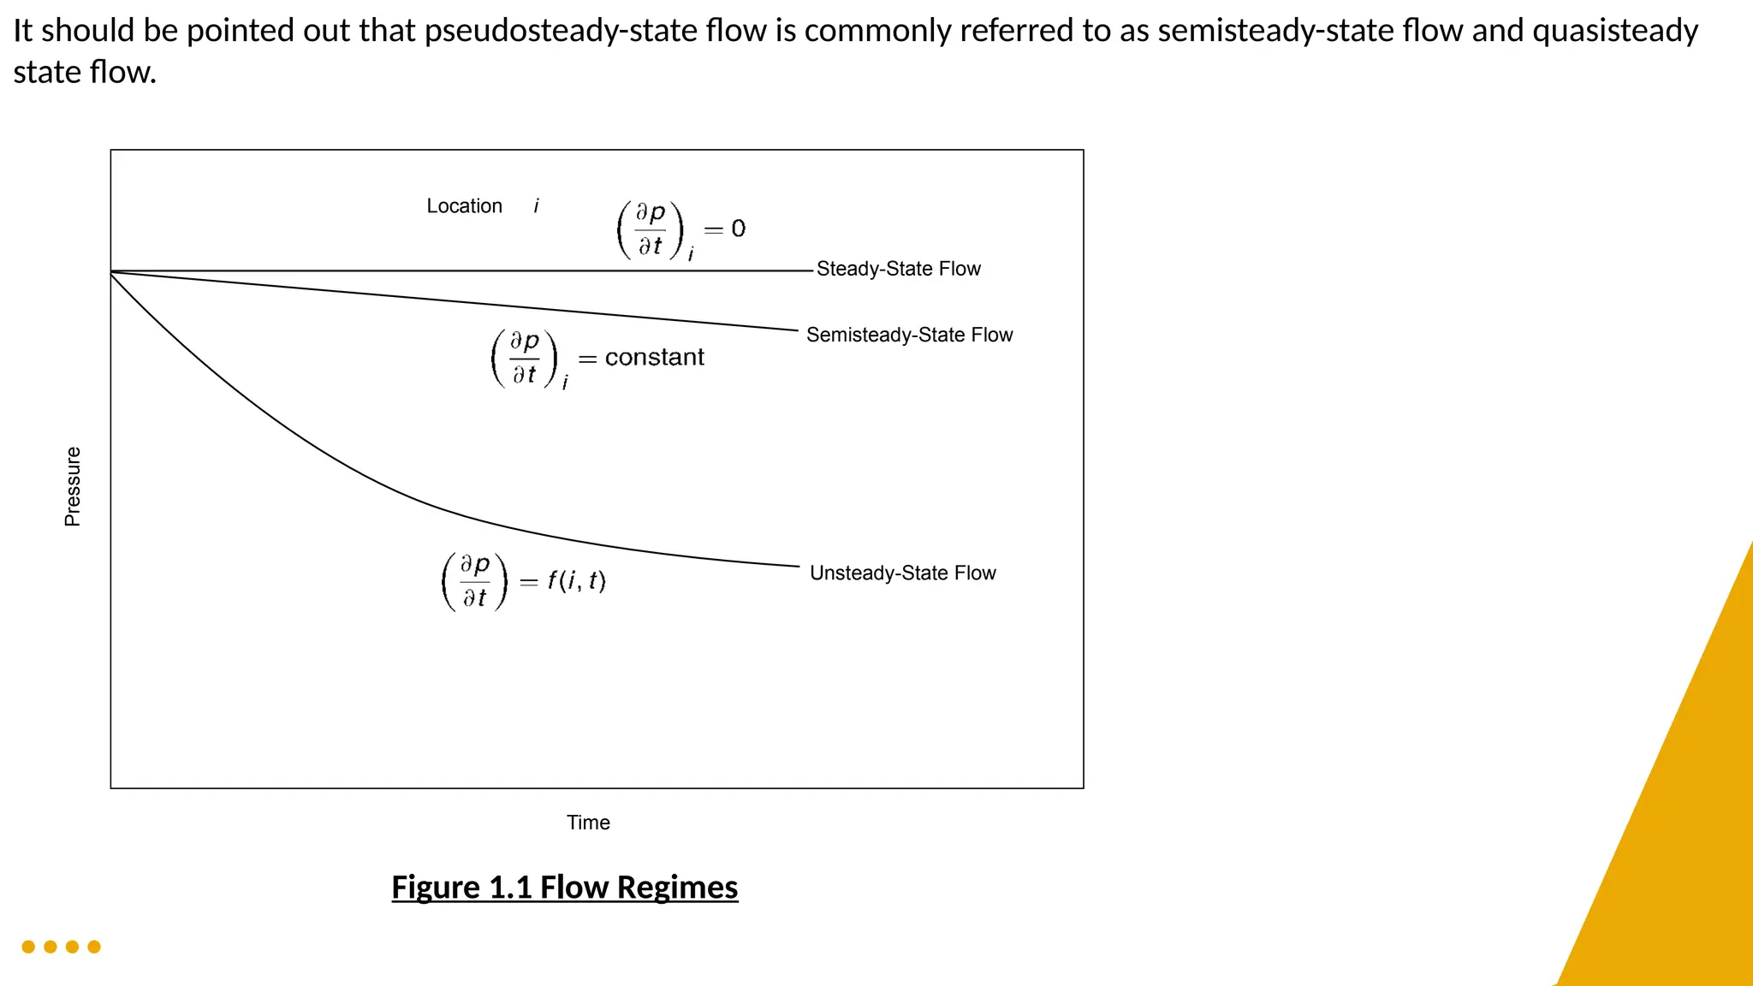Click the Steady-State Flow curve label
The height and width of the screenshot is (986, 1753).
pyautogui.click(x=898, y=269)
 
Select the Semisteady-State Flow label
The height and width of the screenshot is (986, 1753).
pyautogui.click(x=909, y=335)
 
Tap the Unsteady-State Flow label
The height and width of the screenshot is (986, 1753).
pyautogui.click(x=902, y=573)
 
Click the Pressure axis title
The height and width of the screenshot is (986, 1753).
pyautogui.click(x=73, y=486)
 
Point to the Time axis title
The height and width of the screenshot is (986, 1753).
pyautogui.click(x=588, y=823)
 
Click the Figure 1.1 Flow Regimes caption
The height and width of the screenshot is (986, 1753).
pyautogui.click(x=564, y=888)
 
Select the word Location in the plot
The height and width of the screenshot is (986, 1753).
pyautogui.click(x=464, y=206)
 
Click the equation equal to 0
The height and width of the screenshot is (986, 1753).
pyautogui.click(x=680, y=229)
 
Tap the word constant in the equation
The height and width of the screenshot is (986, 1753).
pyautogui.click(x=654, y=358)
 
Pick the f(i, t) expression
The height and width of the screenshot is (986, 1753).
pyautogui.click(x=577, y=581)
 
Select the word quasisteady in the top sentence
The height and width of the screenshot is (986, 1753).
pyautogui.click(x=1614, y=31)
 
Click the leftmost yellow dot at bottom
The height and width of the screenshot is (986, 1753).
pyautogui.click(x=28, y=947)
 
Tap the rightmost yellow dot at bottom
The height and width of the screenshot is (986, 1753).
pyautogui.click(x=94, y=947)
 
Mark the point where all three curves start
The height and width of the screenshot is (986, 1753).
pyautogui.click(x=111, y=271)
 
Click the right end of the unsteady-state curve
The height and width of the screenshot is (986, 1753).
pyautogui.click(x=798, y=566)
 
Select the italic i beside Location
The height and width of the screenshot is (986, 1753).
pyautogui.click(x=537, y=206)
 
